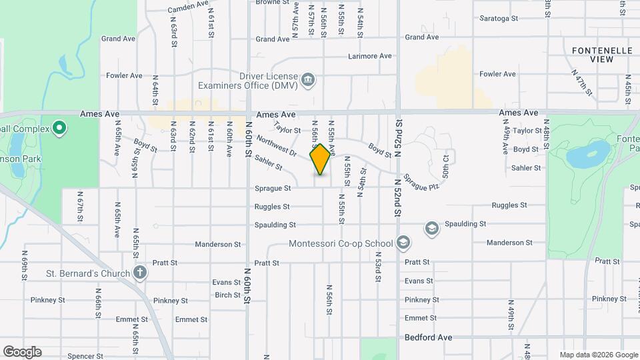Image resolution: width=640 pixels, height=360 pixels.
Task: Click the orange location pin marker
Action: click(x=321, y=159)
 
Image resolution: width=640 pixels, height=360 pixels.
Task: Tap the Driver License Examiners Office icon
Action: click(x=308, y=81)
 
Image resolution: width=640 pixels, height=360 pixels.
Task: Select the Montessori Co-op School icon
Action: click(x=403, y=243)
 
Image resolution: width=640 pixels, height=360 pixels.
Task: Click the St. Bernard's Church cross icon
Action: click(x=139, y=272)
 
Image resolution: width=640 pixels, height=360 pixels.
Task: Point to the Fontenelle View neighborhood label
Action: click(x=592, y=55)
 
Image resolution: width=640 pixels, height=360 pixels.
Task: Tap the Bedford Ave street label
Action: click(x=428, y=337)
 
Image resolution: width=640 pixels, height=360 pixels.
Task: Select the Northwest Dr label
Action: click(x=275, y=145)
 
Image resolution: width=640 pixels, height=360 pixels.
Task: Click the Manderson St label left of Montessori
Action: click(x=219, y=245)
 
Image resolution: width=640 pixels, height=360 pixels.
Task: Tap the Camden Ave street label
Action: click(x=189, y=7)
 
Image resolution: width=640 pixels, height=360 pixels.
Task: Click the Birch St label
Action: click(x=227, y=295)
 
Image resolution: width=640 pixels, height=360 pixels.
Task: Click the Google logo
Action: click(x=22, y=351)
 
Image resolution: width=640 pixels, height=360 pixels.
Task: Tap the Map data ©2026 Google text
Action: click(x=598, y=355)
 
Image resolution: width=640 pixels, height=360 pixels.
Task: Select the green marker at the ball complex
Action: click(x=59, y=127)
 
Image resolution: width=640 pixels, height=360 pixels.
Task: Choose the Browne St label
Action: click(x=271, y=2)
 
